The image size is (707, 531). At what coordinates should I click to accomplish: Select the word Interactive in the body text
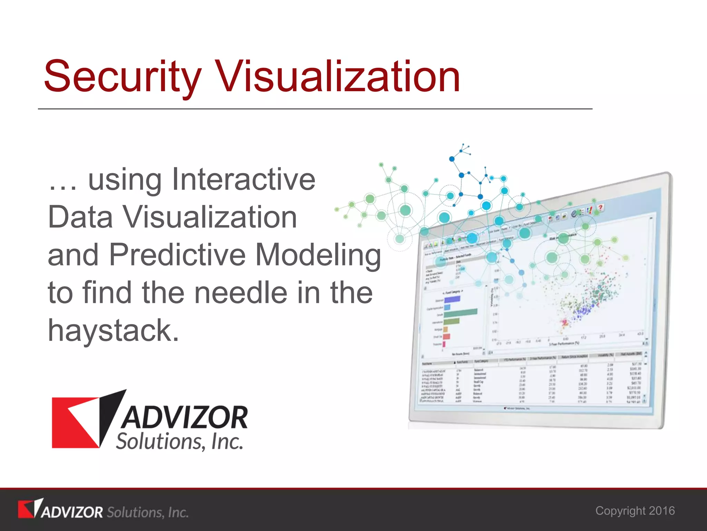tap(243, 179)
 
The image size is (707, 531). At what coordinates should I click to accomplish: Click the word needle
tap(241, 292)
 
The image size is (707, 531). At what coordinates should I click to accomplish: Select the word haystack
tap(113, 331)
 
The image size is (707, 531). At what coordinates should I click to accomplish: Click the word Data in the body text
tap(80, 217)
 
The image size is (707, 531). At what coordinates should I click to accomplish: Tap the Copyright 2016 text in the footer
tap(635, 511)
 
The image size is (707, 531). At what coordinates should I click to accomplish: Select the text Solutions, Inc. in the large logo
tap(180, 441)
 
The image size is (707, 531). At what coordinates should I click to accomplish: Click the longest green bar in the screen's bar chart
tap(460, 313)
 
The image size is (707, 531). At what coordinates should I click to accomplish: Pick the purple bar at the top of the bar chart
tap(452, 299)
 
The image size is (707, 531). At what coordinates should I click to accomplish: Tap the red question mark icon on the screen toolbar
tap(600, 207)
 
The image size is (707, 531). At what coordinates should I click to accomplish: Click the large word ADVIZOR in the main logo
tap(185, 418)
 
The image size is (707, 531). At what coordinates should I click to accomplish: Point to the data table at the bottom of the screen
tap(532, 382)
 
